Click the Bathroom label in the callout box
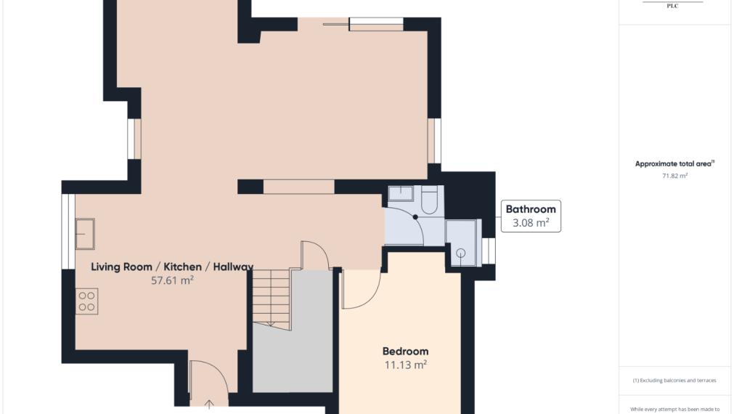(531, 209)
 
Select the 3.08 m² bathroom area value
(531, 223)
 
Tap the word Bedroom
(405, 352)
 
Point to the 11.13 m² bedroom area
(405, 365)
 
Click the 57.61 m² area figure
(172, 280)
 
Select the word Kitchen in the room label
(182, 267)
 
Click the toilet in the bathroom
(429, 200)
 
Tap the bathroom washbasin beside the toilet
(401, 193)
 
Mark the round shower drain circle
(460, 253)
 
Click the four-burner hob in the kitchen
(86, 301)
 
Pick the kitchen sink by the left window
(85, 234)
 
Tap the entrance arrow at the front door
(209, 404)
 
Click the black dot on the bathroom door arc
(415, 217)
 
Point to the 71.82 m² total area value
(674, 176)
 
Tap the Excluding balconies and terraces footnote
(674, 381)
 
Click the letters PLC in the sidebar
(673, 6)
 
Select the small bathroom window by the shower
(489, 251)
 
